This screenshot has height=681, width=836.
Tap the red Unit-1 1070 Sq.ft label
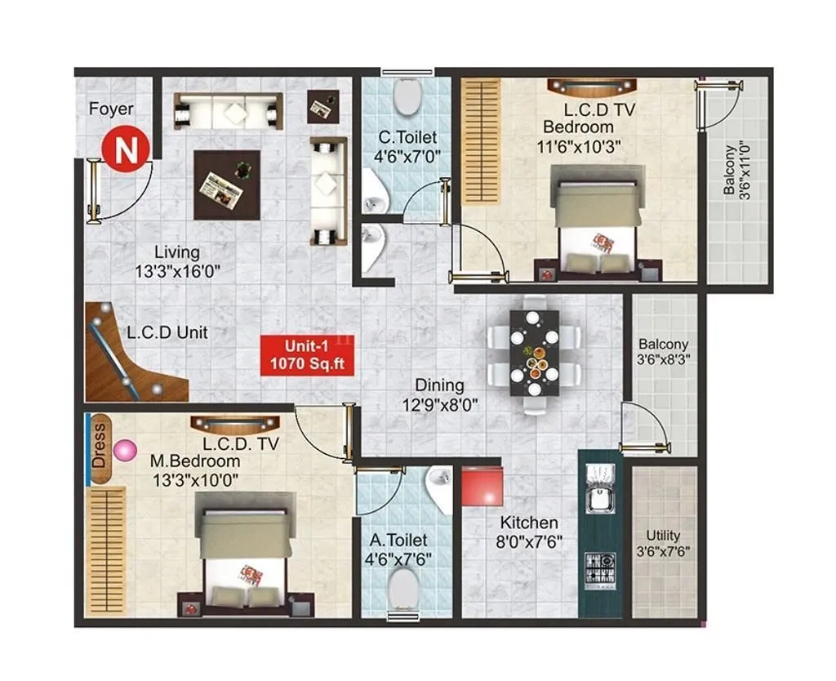coord(307,355)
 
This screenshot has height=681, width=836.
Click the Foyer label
coord(111,109)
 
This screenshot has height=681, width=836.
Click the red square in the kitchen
coord(482,487)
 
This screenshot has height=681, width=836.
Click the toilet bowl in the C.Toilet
coord(407,96)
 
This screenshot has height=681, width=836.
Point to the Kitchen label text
coord(529,523)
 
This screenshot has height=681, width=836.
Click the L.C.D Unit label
coord(167,332)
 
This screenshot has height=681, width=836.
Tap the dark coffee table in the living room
coord(227,185)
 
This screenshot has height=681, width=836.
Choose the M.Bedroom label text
coord(194,461)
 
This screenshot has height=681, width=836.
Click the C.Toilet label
coord(407,137)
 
